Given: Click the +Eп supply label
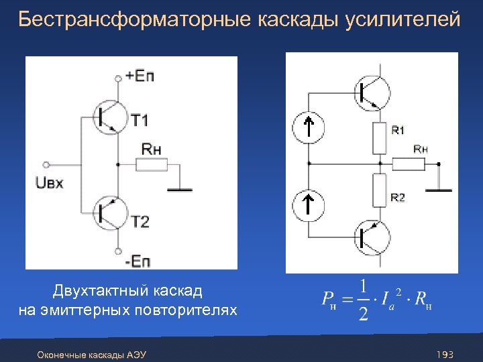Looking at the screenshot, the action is click(140, 76).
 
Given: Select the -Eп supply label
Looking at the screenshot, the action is click(140, 259).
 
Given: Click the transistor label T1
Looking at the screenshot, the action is click(140, 121).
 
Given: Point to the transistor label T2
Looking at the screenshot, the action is click(140, 222).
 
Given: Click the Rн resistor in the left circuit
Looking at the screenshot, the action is click(152, 164).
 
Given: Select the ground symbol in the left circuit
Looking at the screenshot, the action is click(180, 190).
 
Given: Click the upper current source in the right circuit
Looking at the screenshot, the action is click(309, 127).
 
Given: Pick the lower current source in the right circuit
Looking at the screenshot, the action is click(309, 204).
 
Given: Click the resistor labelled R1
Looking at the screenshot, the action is click(380, 139).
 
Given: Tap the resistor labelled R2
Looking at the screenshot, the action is click(380, 190).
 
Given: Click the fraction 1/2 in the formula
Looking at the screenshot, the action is click(363, 300).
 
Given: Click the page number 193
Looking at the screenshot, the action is click(445, 354).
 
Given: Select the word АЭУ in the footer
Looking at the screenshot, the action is click(137, 354).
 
